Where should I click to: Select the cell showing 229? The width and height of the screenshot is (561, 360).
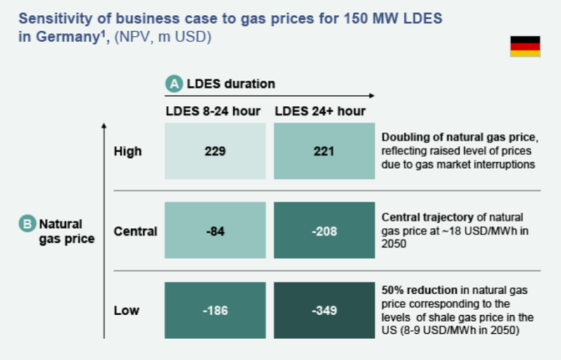(x=215, y=151)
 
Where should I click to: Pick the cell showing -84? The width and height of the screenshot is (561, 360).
(x=215, y=230)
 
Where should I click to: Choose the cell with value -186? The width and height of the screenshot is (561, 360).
(x=215, y=310)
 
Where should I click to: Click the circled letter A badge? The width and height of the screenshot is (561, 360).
(x=173, y=84)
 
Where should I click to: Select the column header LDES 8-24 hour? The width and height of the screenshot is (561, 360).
(x=213, y=111)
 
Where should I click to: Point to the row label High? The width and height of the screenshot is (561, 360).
(x=128, y=151)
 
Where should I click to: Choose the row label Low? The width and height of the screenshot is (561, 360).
(x=126, y=310)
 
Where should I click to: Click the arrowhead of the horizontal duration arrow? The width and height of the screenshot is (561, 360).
(x=372, y=95)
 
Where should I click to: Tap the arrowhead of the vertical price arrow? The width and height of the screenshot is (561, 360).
(x=104, y=126)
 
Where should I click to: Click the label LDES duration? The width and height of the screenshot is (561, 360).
(x=230, y=84)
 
